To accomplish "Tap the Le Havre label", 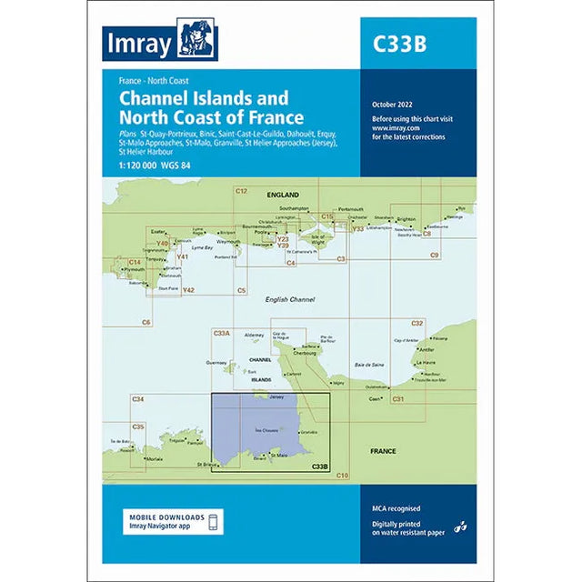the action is (427, 363).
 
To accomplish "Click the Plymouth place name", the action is (134, 270).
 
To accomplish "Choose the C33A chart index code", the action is (221, 334).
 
